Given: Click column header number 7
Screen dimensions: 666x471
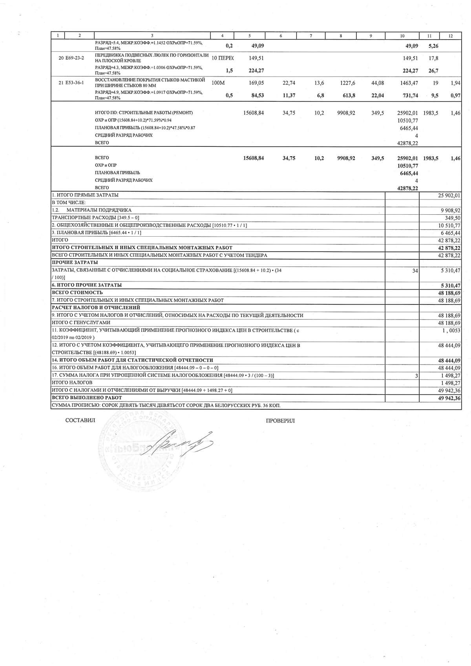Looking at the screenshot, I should click(311, 36).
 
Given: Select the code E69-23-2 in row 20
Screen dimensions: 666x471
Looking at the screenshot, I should click(75, 58).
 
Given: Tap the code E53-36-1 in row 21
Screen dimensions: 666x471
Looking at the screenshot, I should click(75, 83).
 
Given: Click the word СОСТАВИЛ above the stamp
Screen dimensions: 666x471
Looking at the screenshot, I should click(80, 420).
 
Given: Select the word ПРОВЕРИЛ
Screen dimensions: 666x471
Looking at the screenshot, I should click(280, 421).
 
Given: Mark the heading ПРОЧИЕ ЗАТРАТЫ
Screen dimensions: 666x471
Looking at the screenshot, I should click(75, 262).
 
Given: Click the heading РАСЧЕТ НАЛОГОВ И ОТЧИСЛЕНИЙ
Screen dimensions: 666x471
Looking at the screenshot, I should click(96, 307).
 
